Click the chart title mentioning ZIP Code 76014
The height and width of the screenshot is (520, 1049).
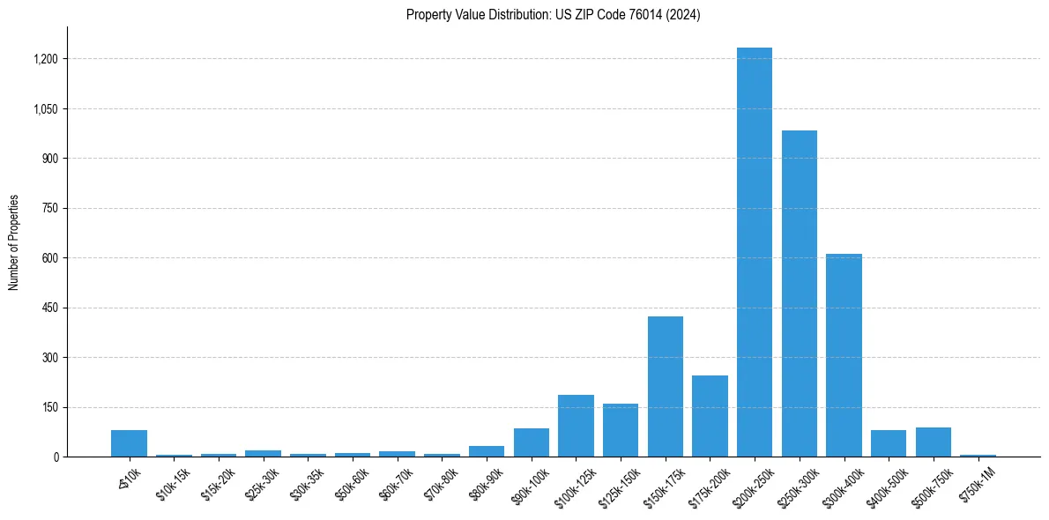[553, 15]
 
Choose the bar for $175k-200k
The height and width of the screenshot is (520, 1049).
[710, 416]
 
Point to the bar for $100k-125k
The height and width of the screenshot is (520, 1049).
[576, 426]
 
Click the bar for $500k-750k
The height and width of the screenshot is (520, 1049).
[933, 442]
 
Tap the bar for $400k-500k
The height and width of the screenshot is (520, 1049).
[889, 443]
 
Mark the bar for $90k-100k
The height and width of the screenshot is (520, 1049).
[532, 442]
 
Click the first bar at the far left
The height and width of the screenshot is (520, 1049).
[130, 443]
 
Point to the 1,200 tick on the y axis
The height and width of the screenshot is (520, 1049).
[46, 59]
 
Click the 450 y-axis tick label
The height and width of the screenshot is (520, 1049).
[50, 308]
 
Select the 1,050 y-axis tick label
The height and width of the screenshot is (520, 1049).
[46, 109]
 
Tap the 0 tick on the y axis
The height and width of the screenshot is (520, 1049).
[56, 457]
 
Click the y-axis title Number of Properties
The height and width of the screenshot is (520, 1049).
[13, 241]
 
